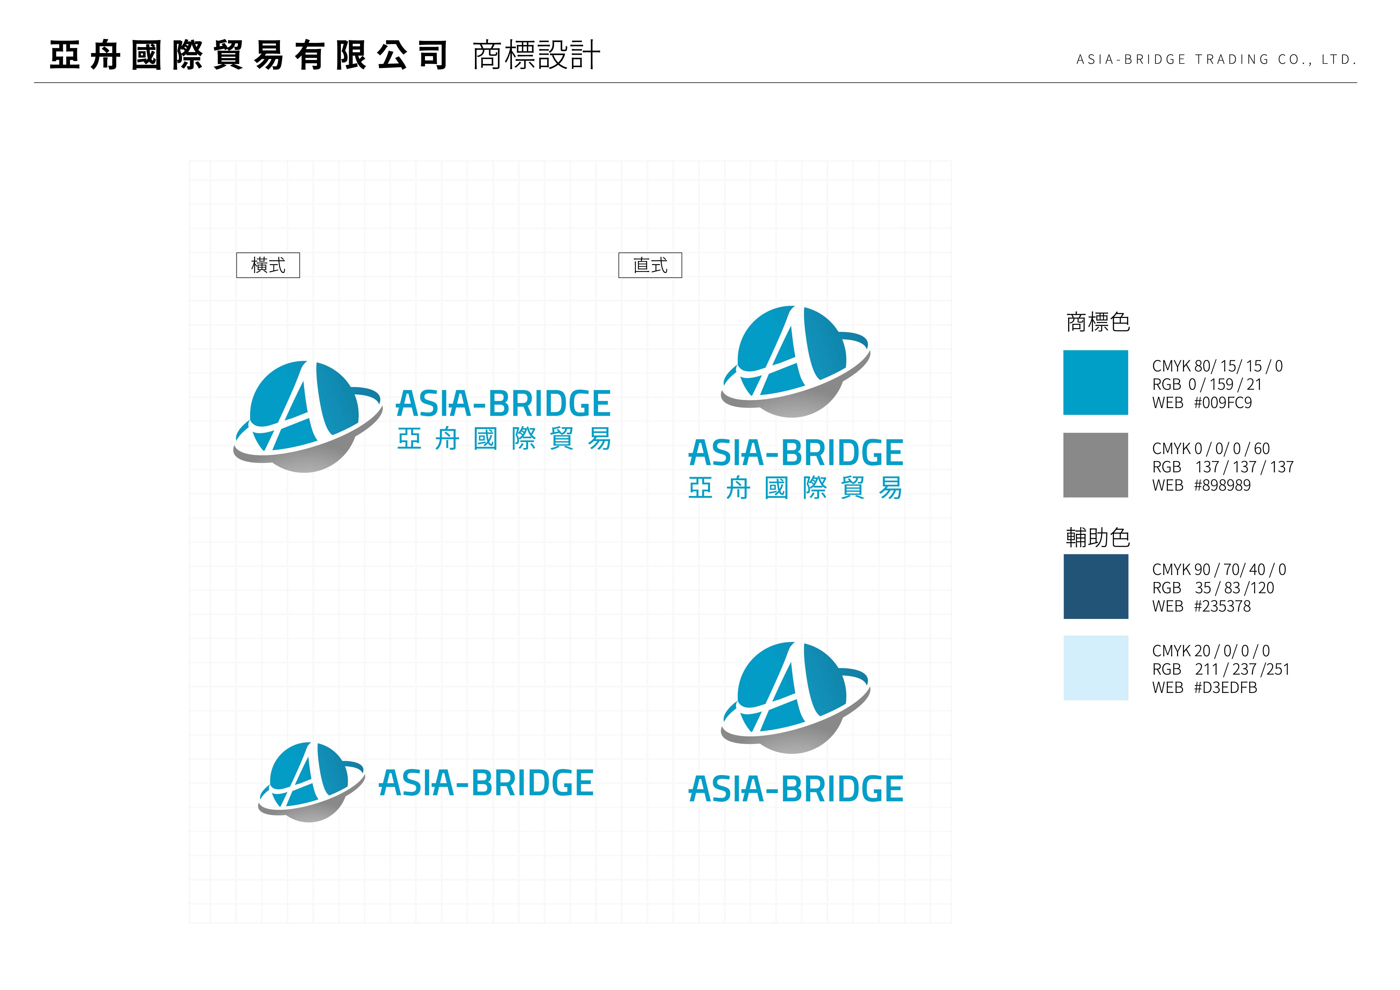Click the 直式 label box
pyautogui.click(x=650, y=265)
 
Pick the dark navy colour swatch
pyautogui.click(x=1096, y=587)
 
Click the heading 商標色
pyautogui.click(x=1097, y=322)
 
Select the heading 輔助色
pyautogui.click(x=1097, y=538)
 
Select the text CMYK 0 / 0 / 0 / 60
pyautogui.click(x=1210, y=449)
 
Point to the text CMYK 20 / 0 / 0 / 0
pyautogui.click(x=1210, y=651)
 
